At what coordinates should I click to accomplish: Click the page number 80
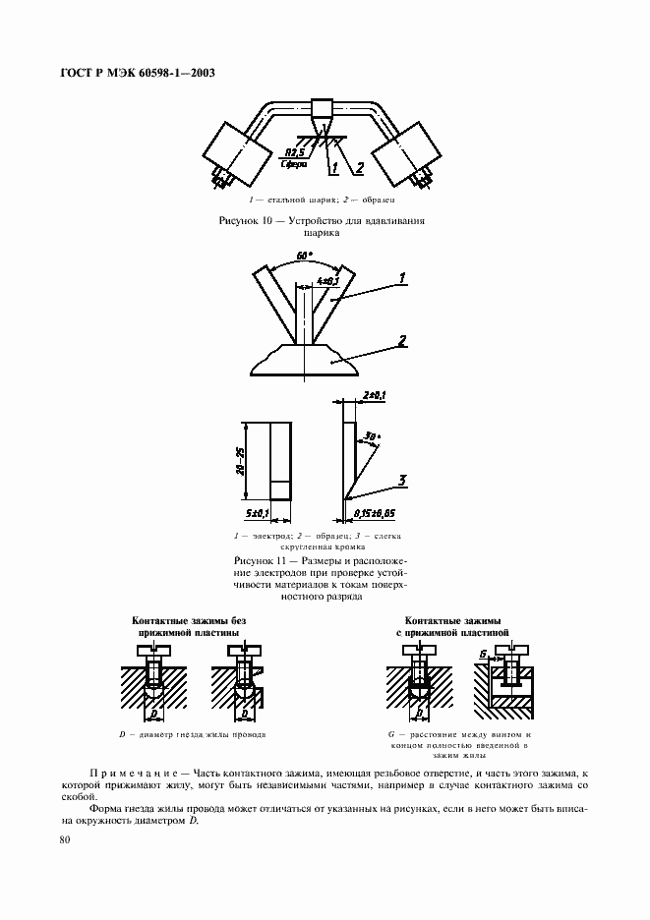pyautogui.click(x=65, y=839)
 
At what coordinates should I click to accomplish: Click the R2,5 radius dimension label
pyautogui.click(x=293, y=152)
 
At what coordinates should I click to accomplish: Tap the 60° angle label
pyautogui.click(x=304, y=256)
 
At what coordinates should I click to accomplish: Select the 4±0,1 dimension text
pyautogui.click(x=327, y=282)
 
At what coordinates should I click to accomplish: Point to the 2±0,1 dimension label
pyautogui.click(x=376, y=395)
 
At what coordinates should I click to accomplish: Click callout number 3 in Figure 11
pyautogui.click(x=401, y=480)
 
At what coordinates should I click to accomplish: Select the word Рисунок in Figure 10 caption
pyautogui.click(x=240, y=222)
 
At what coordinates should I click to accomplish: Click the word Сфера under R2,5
pyautogui.click(x=292, y=165)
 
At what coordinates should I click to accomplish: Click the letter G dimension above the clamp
pyautogui.click(x=482, y=653)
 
